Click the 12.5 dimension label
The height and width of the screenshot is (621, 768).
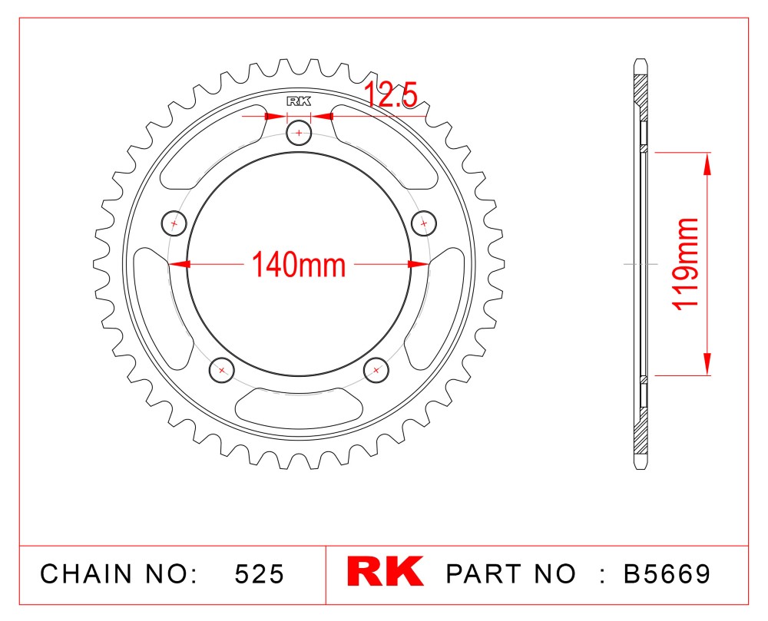[x=391, y=94]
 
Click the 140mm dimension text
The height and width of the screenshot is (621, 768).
[x=299, y=264]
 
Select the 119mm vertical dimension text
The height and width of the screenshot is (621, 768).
[x=686, y=264]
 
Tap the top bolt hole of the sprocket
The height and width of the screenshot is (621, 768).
[x=299, y=133]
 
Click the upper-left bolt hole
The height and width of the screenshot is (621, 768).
[x=174, y=223]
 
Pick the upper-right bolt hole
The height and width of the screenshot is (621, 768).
[x=424, y=223]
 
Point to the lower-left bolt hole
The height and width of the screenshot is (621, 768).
[x=222, y=370]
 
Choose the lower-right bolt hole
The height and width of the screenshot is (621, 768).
[x=376, y=370]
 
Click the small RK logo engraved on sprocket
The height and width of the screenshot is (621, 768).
[x=299, y=102]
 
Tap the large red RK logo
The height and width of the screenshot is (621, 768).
[x=385, y=570]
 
